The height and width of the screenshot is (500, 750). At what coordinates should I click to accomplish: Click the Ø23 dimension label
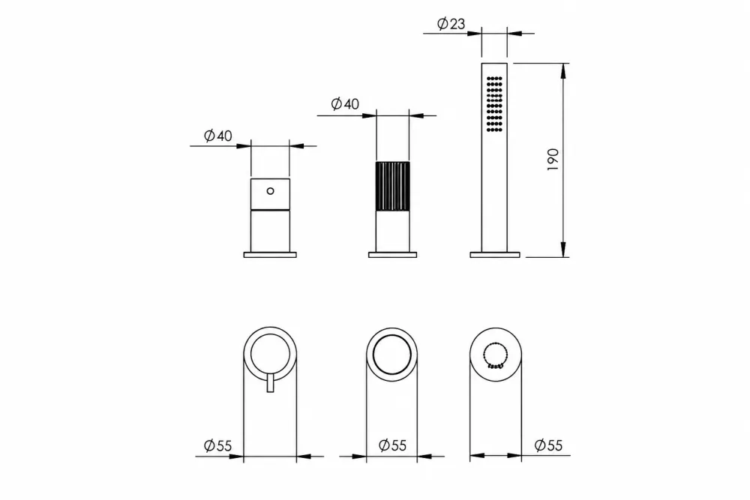click(451, 23)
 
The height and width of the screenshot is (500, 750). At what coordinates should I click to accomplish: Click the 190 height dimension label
click(553, 160)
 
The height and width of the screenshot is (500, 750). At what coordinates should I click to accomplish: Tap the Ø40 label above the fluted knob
click(345, 103)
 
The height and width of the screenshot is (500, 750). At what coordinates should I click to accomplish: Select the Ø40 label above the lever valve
click(217, 136)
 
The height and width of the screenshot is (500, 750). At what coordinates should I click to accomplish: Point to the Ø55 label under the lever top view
click(217, 446)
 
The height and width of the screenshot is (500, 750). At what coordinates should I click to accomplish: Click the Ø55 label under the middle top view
click(392, 445)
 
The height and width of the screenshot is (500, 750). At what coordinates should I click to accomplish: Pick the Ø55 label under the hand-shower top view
click(549, 445)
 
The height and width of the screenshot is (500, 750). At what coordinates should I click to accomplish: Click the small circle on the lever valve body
click(270, 191)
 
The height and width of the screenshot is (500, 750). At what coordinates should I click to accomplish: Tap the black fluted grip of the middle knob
click(393, 187)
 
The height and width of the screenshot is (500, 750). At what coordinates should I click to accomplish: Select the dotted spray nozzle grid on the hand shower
click(494, 103)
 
